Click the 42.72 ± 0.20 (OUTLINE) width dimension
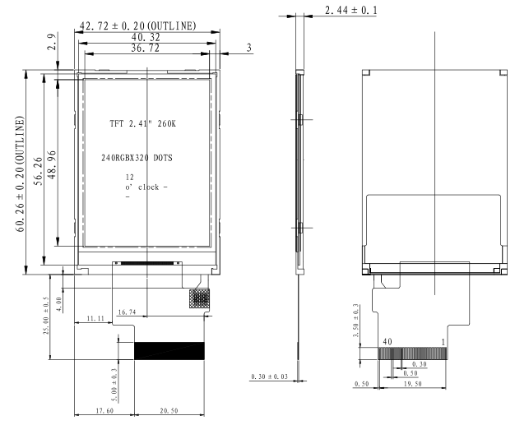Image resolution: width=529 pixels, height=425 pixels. pos(137,26)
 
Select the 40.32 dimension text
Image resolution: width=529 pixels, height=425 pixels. pos(146,37)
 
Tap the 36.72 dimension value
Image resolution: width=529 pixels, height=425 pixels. pos(145,48)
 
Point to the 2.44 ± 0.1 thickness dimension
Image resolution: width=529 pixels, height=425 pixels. pos(351,10)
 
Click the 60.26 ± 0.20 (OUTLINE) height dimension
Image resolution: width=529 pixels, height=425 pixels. pos(20,174)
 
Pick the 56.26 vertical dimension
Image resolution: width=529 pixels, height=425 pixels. pos(39,171)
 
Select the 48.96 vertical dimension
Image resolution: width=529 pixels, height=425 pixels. pos(52,164)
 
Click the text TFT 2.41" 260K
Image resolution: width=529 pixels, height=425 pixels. pos(142,123)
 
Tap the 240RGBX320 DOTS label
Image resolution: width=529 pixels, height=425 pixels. pos(137,158)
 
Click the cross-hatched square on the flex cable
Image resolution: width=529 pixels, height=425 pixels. pos(199,298)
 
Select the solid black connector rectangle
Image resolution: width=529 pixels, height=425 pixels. pos(169,351)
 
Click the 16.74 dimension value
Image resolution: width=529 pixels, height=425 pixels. pos(127,312)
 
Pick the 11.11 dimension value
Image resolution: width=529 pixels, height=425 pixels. pos(95,318)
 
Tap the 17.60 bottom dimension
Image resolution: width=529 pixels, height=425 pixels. pos(104,411)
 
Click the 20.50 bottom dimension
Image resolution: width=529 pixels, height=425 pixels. pos(169,411)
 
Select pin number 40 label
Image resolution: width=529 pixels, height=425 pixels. pos(387,342)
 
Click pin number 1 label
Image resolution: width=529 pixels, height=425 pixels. pos(443,342)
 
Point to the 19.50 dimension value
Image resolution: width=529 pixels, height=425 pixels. pos(412,384)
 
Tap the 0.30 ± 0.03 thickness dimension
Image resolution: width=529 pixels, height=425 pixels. pos(269,376)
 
